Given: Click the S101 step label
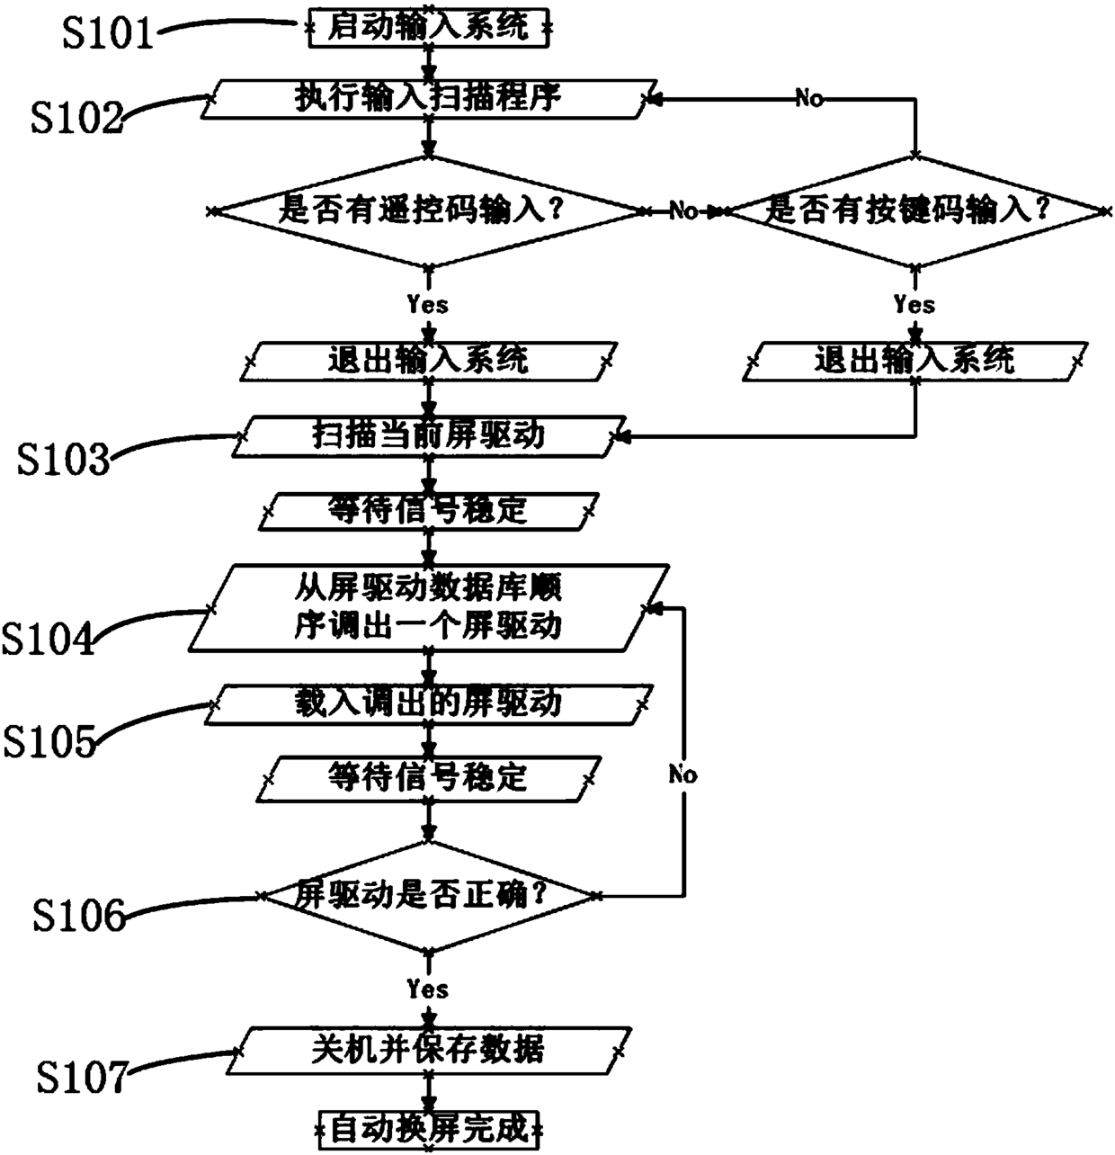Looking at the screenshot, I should pos(109,34).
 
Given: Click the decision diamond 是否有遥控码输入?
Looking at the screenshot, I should pos(428,212).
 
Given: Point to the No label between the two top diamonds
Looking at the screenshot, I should pos(684,212).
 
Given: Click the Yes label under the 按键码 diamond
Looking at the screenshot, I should pos(914,304).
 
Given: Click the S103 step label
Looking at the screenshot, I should pos(64,460).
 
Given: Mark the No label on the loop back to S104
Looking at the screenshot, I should pos(683,774).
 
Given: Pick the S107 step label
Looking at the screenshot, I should pos(81,1077).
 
